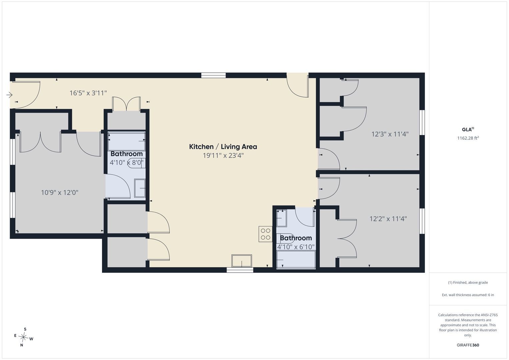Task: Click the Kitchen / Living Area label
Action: coord(223,147)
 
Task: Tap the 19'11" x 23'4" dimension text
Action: coord(223,156)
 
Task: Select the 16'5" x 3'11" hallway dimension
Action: coord(88,93)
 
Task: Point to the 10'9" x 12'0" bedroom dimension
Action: coord(60,193)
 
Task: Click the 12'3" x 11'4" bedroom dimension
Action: coord(390,134)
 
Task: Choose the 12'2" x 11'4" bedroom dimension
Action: coord(388,219)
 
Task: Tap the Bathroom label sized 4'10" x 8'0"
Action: coord(127,154)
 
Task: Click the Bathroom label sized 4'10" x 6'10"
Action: coord(296,238)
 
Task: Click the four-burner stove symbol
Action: coord(265,234)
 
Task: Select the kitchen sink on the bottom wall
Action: coord(242,261)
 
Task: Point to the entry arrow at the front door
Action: coord(9,95)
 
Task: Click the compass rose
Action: coord(23,337)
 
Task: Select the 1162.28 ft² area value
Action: coord(468,138)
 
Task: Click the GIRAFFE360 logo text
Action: coord(468,345)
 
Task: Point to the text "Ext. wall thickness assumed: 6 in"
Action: coord(468,295)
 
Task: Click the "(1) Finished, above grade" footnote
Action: coord(468,283)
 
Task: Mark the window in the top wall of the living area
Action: coord(213,75)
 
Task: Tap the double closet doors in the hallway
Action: coord(126,104)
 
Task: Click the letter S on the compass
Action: coord(25,329)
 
